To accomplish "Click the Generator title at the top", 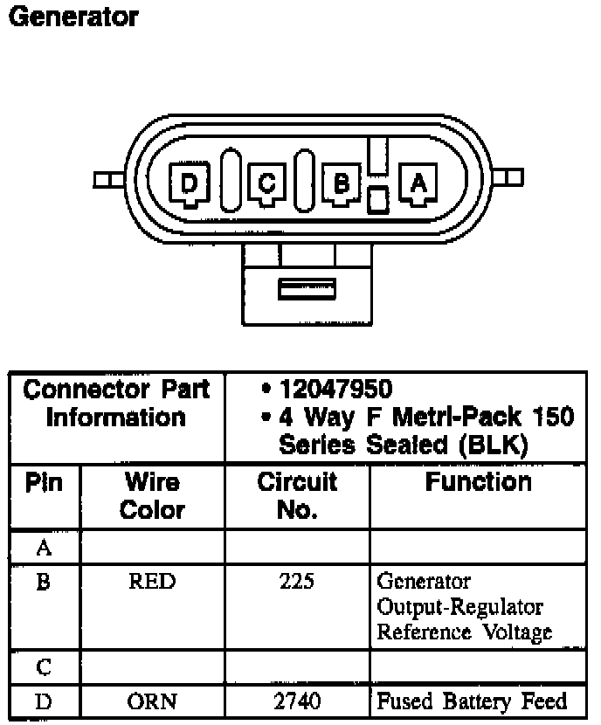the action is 73,17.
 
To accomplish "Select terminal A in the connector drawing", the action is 418,183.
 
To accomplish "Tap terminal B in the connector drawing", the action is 342,183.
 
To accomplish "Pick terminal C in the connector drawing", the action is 266,184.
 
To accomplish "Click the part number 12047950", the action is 336,389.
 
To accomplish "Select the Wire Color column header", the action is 152,496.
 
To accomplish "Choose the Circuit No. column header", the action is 297,496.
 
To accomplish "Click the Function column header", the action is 479,482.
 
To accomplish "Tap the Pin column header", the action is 44,482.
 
